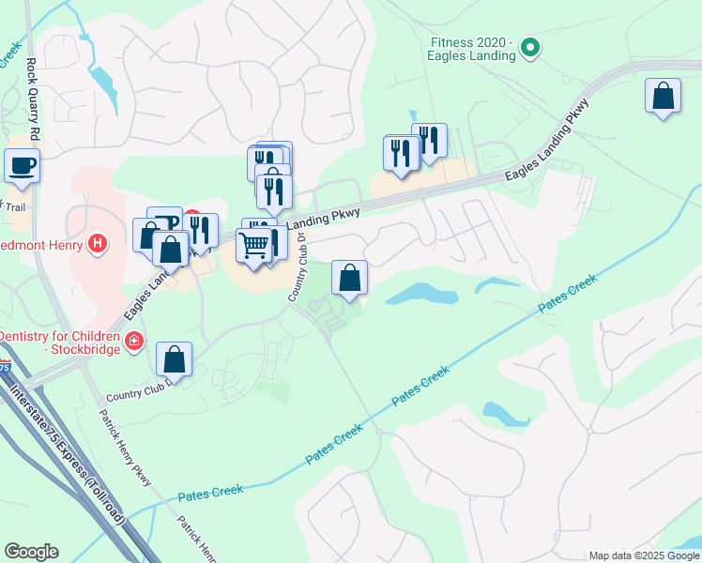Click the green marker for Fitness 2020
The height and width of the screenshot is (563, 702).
click(x=529, y=46)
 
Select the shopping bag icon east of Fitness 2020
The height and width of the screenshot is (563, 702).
click(x=663, y=97)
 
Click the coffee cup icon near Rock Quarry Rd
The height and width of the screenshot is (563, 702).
click(x=23, y=166)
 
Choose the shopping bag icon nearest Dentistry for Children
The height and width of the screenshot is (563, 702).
click(x=174, y=359)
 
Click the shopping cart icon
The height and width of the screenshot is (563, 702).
click(x=253, y=247)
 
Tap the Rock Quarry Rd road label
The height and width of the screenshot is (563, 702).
click(x=32, y=94)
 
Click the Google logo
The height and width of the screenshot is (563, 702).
click(x=31, y=552)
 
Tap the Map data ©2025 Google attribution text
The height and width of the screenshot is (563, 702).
click(x=644, y=555)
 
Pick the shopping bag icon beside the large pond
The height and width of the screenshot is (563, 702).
click(x=349, y=279)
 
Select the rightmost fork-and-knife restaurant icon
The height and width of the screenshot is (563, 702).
click(x=429, y=142)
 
